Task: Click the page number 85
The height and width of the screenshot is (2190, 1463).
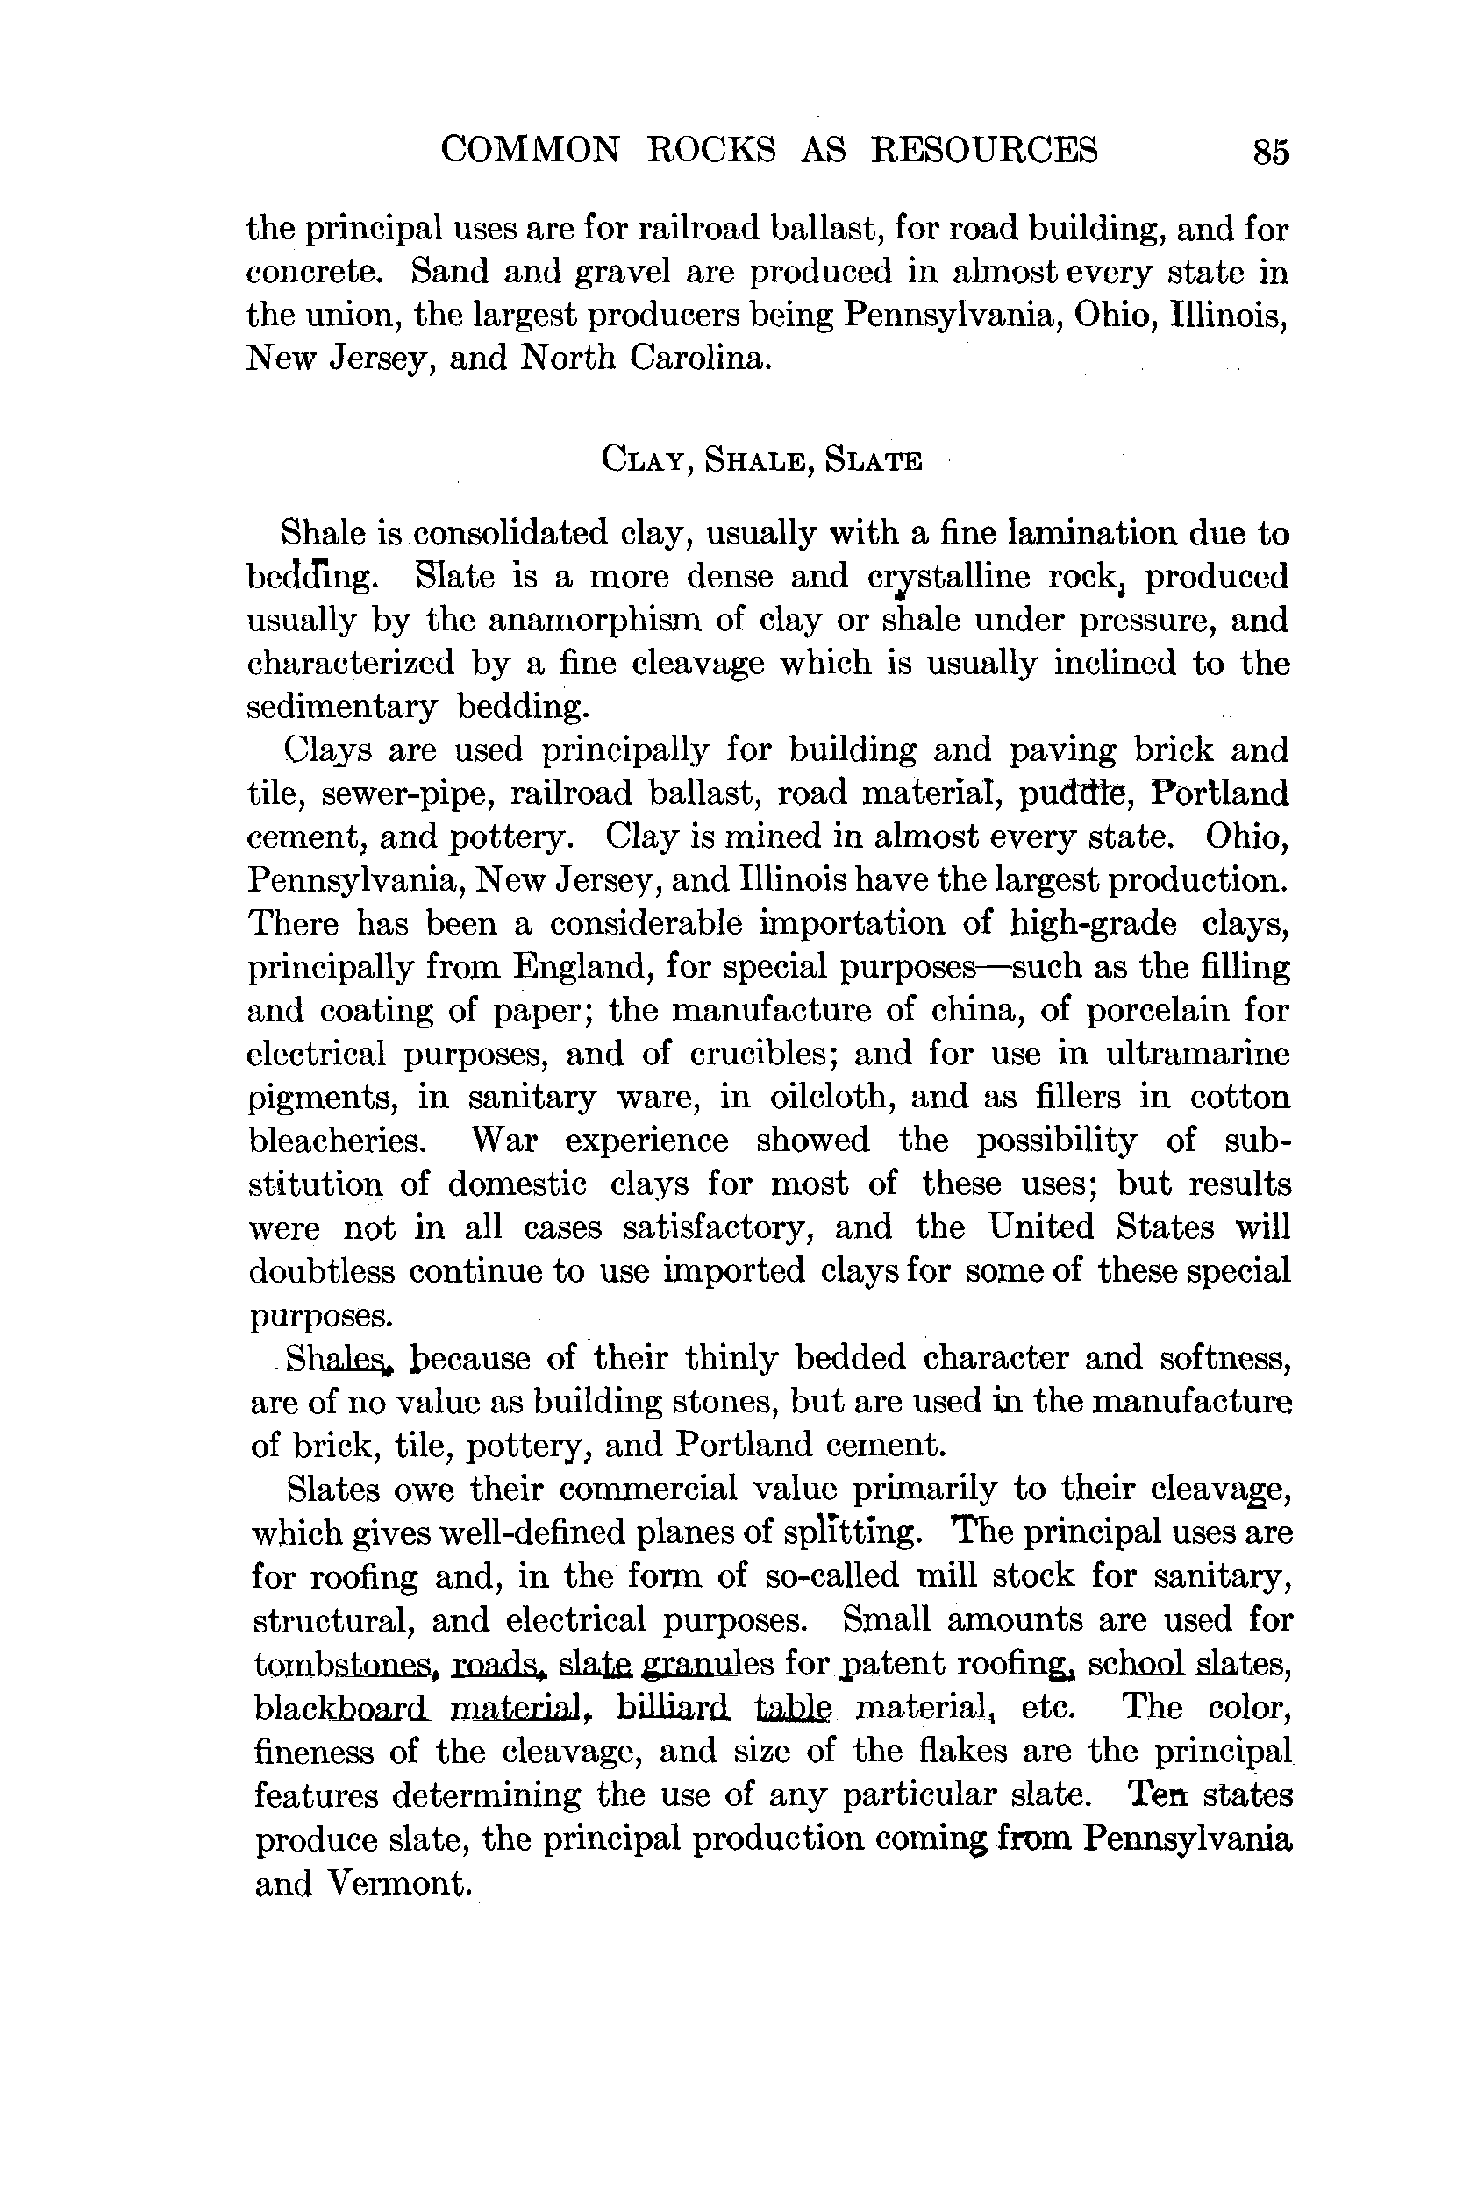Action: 1271,151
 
